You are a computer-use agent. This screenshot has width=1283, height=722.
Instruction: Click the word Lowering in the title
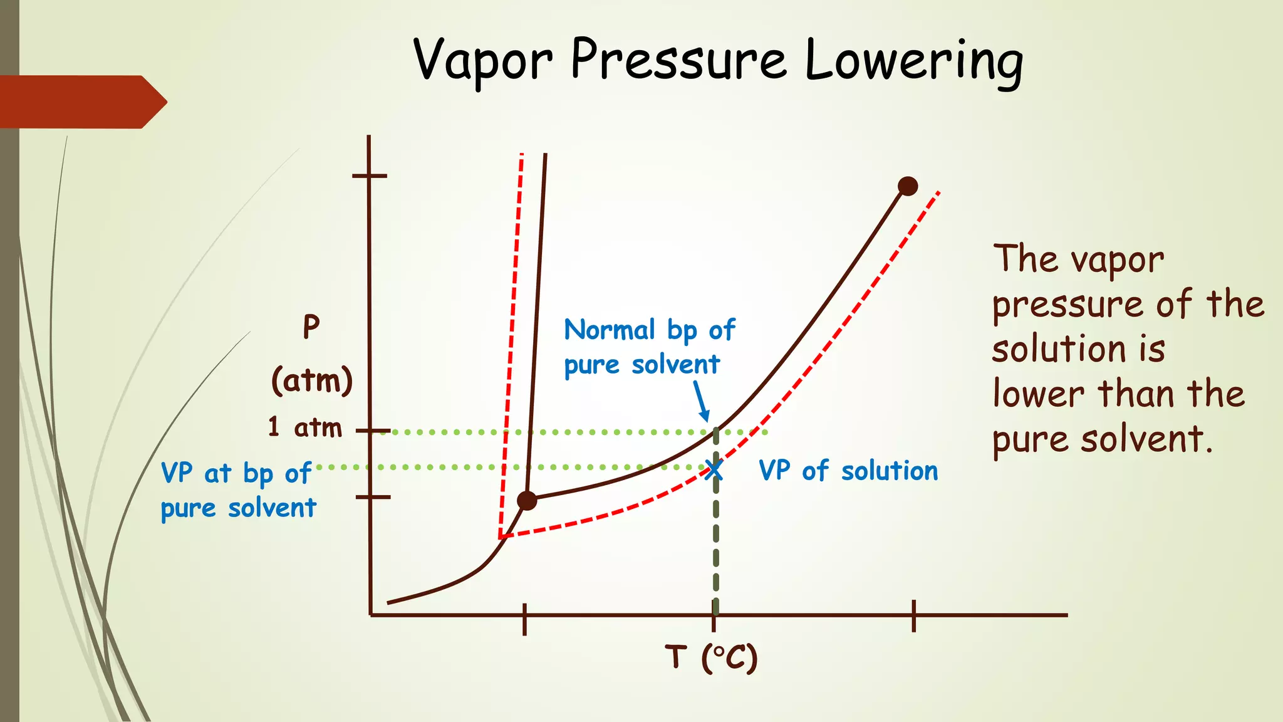click(913, 61)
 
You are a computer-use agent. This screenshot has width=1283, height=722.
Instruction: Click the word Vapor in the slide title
click(482, 61)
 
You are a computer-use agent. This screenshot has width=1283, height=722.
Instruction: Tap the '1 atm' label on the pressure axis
click(305, 427)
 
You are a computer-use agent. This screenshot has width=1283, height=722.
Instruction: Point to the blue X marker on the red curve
click(713, 469)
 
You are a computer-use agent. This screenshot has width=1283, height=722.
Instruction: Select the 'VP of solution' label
click(848, 471)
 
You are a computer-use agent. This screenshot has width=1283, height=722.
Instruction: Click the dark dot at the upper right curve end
click(908, 186)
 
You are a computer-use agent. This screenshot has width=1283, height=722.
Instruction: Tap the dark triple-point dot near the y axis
click(527, 500)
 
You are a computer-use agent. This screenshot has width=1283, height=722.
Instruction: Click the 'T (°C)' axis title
click(712, 658)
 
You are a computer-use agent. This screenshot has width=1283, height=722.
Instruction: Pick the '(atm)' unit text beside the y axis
click(312, 380)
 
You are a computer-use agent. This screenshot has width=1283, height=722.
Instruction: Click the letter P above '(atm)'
click(311, 327)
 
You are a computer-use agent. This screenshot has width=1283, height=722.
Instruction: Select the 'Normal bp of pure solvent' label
click(648, 347)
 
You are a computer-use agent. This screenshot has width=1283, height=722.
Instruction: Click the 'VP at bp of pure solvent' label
click(238, 490)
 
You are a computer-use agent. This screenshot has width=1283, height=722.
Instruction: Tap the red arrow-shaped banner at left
click(81, 102)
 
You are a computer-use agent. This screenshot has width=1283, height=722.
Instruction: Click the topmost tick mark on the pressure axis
click(370, 175)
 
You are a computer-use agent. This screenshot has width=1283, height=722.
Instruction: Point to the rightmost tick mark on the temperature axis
click(914, 615)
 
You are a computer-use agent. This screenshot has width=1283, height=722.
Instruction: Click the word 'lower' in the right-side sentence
click(1039, 395)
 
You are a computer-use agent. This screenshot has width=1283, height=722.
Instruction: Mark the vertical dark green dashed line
click(716, 545)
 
